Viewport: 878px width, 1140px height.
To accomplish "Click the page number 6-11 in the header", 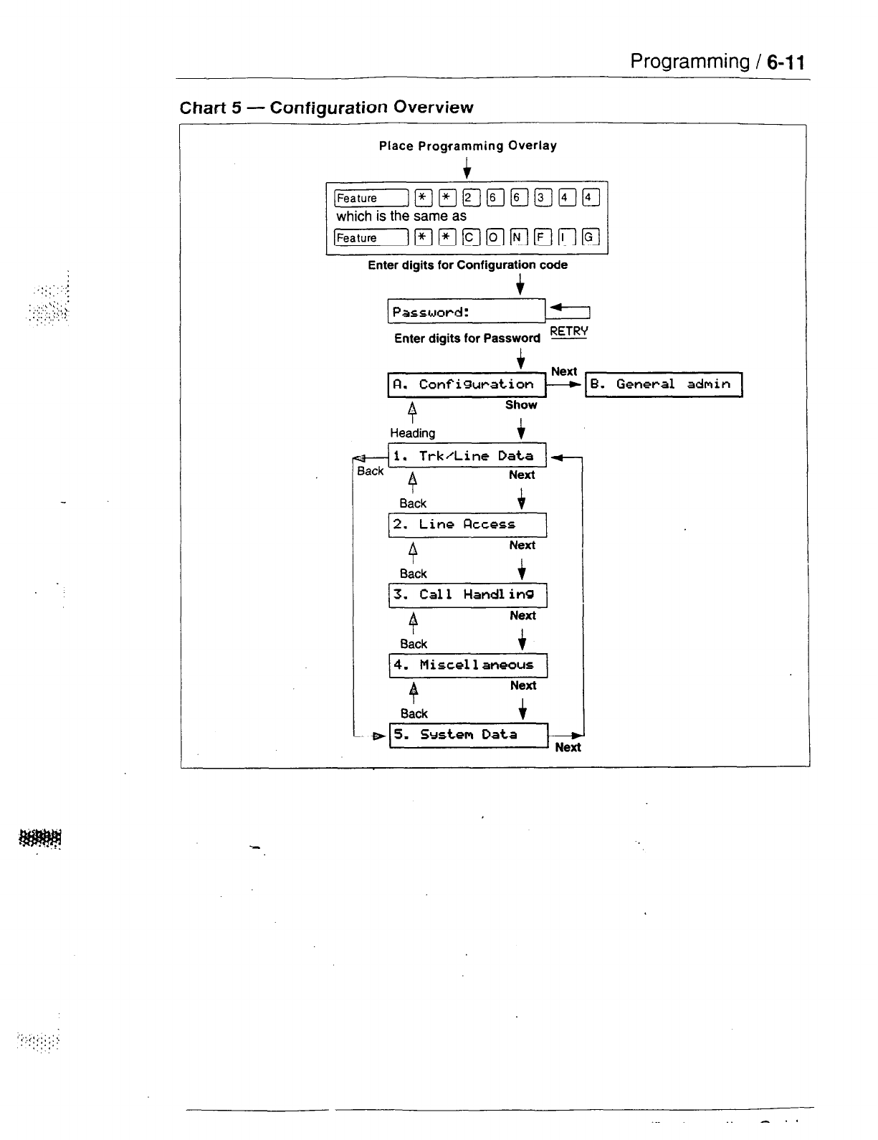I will pos(786,62).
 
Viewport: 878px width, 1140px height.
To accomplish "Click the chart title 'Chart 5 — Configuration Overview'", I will pos(326,108).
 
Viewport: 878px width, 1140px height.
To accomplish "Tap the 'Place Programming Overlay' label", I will pos(467,146).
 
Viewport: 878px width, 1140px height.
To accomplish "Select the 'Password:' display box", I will pos(466,312).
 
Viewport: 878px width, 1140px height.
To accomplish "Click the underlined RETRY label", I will pos(568,331).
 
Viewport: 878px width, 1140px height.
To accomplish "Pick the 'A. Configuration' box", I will pos(467,384).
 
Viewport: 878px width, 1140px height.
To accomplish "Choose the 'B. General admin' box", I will pos(664,384).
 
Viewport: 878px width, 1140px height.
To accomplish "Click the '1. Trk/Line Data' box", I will pos(467,455).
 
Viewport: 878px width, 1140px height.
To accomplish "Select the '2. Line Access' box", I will pos(467,525).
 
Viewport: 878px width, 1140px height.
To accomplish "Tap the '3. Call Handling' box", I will pos(467,594).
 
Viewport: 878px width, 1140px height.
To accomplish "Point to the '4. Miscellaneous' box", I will pos(468,665).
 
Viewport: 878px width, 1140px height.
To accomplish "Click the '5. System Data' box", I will pos(469,735).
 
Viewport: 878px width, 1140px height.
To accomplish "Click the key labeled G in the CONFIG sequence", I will pos(590,237).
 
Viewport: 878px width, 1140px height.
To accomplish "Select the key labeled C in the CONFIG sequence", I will pos(470,237).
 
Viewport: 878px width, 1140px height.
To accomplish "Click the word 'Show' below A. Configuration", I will pos(521,405).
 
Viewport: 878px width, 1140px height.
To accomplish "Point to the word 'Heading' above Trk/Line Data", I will pos(412,433).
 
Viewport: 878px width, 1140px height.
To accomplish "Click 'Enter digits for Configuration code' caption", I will pos(467,265).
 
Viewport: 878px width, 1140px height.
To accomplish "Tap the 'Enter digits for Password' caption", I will pos(467,338).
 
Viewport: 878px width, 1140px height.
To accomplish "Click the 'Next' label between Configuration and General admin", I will pos(564,371).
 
